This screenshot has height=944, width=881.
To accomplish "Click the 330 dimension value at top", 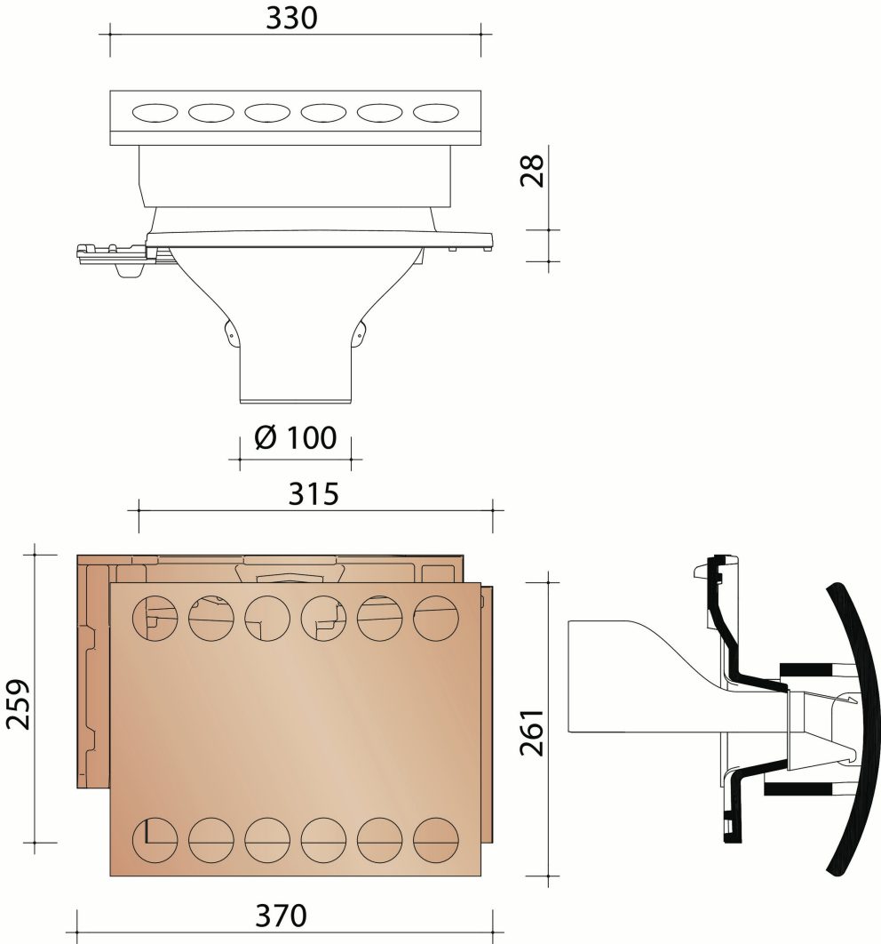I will pos(291,19).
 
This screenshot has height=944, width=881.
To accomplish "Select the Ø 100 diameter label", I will pos(295,438).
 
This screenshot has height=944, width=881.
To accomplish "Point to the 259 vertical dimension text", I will pos(20,704).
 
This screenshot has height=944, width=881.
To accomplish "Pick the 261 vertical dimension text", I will pos(530,732).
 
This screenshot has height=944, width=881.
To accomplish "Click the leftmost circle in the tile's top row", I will pos(153,616).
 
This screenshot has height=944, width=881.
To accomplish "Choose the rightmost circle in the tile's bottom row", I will pos(436,838).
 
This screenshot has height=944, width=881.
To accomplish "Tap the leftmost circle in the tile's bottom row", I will pos(153,838).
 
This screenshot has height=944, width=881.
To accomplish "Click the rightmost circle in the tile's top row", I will pos(436,616).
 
